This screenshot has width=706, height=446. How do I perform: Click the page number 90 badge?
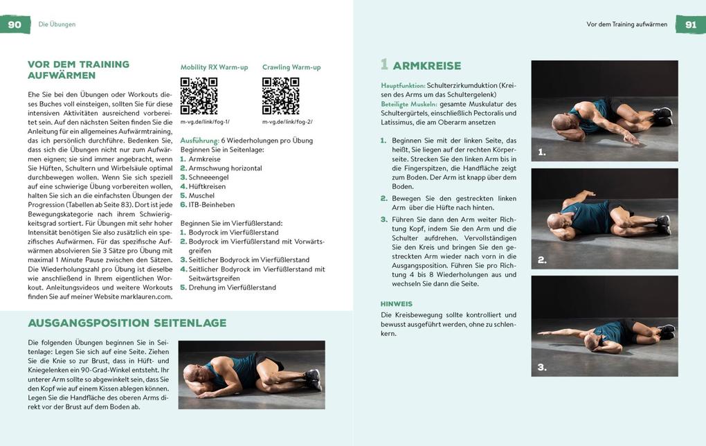coord(15,24)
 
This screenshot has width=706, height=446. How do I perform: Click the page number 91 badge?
coord(690,24)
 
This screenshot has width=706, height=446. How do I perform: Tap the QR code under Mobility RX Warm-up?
coord(199,96)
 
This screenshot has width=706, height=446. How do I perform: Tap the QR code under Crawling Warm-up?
coord(280,96)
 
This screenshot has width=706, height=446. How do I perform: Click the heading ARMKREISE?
coord(426,66)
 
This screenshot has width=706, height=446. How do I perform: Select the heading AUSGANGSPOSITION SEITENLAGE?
coord(127,323)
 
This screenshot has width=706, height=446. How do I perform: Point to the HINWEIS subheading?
coord(397,303)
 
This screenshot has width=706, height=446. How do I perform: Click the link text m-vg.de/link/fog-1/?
coord(206,122)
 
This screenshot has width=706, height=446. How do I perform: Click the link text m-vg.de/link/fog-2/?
coord(287,122)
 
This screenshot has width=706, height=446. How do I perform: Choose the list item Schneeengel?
coord(208,177)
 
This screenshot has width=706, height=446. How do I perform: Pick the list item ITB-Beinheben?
coord(211,204)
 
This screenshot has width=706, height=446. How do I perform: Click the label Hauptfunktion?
coord(403,85)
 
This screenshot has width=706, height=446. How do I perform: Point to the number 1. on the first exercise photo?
coord(542,152)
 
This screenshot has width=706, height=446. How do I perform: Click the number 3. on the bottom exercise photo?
coord(542,367)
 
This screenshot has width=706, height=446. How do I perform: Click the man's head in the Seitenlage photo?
coord(194,375)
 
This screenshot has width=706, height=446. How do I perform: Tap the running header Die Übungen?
coord(57,24)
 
